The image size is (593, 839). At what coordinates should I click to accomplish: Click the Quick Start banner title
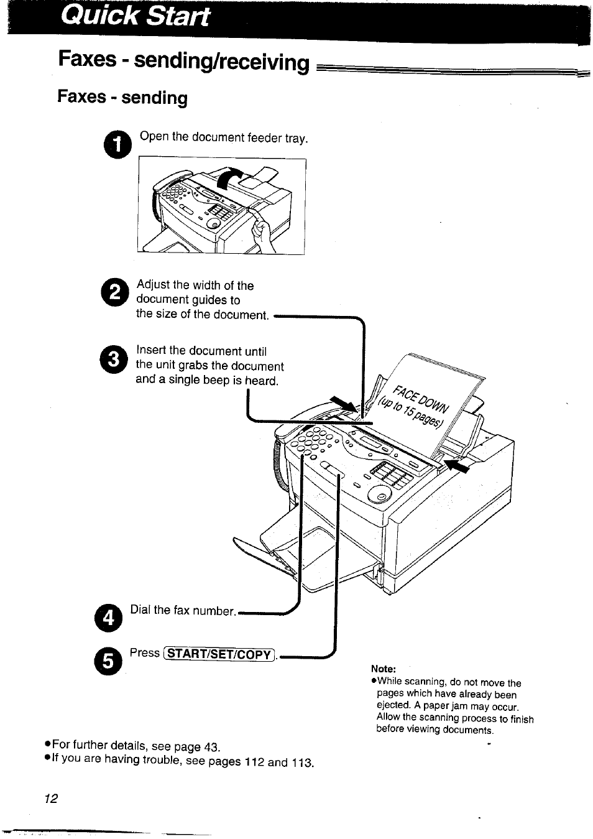point(136,17)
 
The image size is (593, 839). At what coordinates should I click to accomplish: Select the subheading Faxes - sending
point(122,98)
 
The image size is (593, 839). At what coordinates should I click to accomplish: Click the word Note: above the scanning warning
point(383,669)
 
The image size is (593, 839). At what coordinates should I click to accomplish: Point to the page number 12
point(51,799)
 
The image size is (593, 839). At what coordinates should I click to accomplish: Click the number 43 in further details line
point(212,746)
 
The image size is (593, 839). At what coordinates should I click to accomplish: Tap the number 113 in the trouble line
point(302,763)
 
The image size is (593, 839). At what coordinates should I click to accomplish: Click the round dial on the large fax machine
point(380,495)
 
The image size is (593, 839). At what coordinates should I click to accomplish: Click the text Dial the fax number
point(183,611)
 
